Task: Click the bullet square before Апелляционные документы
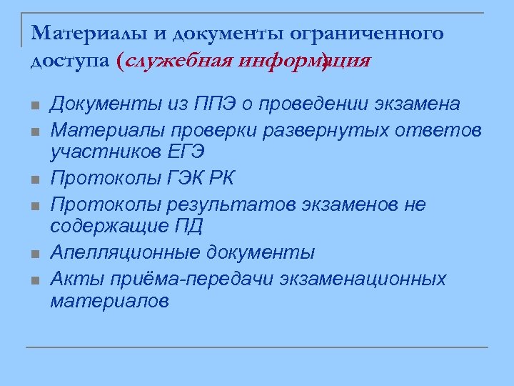click(x=34, y=254)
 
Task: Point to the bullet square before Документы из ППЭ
click(x=34, y=107)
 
